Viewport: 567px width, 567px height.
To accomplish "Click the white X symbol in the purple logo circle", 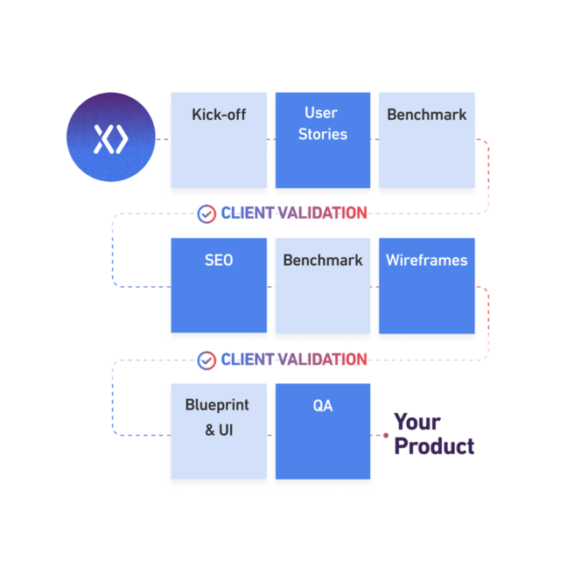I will click(110, 139).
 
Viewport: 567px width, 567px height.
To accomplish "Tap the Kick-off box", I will click(219, 140).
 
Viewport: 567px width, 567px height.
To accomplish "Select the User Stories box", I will click(323, 140).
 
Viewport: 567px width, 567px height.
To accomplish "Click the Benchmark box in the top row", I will click(427, 140).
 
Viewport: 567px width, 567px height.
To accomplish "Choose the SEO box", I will click(219, 285).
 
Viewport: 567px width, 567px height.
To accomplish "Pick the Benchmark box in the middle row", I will click(323, 285).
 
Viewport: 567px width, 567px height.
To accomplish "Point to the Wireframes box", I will click(427, 285).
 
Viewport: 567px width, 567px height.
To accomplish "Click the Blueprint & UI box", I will click(219, 430).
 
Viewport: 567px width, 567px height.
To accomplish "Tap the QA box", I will click(323, 430).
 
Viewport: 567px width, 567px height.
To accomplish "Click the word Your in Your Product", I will click(417, 423).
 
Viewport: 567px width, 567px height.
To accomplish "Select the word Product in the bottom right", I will click(434, 446).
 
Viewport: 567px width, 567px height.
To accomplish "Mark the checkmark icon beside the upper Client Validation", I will click(206, 213).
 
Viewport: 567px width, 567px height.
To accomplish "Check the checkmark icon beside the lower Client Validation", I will click(206, 360).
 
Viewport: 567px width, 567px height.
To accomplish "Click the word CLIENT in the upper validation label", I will click(247, 213).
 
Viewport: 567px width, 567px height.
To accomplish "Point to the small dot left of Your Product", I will click(385, 435).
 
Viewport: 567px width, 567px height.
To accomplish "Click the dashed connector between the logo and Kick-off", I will click(163, 139).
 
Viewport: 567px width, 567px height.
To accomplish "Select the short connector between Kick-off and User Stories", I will click(271, 139).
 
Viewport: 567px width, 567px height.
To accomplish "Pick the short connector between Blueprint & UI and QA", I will click(271, 435).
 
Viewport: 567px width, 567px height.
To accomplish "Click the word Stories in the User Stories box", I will click(323, 135).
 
